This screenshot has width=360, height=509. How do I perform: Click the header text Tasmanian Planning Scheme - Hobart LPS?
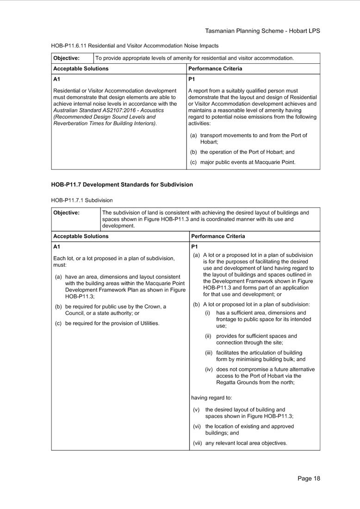[262, 31]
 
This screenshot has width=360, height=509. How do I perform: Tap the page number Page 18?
[309, 478]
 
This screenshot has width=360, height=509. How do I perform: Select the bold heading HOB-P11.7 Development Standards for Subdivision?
[122, 184]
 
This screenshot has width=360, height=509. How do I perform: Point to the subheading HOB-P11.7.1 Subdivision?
[82, 200]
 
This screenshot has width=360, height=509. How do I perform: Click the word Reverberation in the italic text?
[71, 123]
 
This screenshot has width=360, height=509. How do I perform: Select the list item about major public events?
[248, 162]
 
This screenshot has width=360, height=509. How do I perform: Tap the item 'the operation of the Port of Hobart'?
[247, 152]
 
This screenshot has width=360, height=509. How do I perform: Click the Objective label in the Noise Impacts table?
[67, 58]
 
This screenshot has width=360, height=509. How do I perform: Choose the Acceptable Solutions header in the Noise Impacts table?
[81, 68]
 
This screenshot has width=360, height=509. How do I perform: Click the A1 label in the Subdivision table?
[57, 247]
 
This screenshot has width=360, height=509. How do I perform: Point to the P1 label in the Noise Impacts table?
[192, 79]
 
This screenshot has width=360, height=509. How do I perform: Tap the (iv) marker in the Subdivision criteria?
[209, 369]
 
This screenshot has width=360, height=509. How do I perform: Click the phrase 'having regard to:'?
[211, 398]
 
